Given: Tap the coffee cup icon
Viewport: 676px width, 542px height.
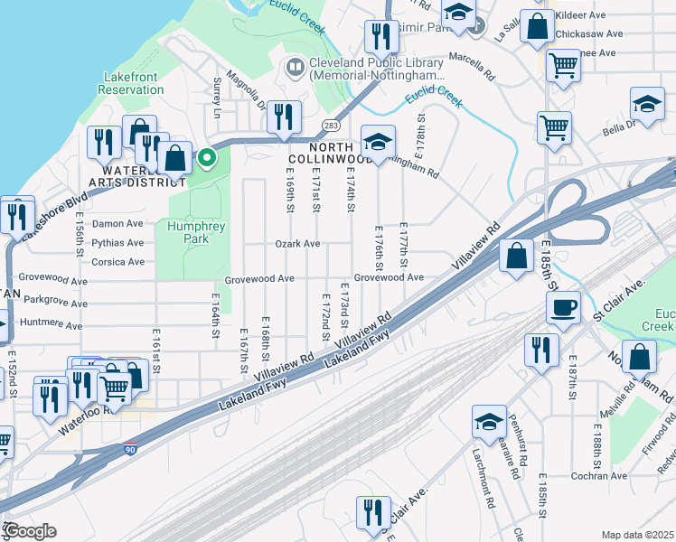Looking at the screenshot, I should [x=564, y=307].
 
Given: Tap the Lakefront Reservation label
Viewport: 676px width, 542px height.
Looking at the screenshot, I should [x=131, y=83].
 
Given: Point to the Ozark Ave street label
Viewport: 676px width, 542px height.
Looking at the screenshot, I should [x=298, y=244].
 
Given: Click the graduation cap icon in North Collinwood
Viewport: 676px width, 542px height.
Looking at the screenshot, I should [x=378, y=142].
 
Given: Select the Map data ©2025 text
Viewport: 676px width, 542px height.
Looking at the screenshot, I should [x=636, y=535].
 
